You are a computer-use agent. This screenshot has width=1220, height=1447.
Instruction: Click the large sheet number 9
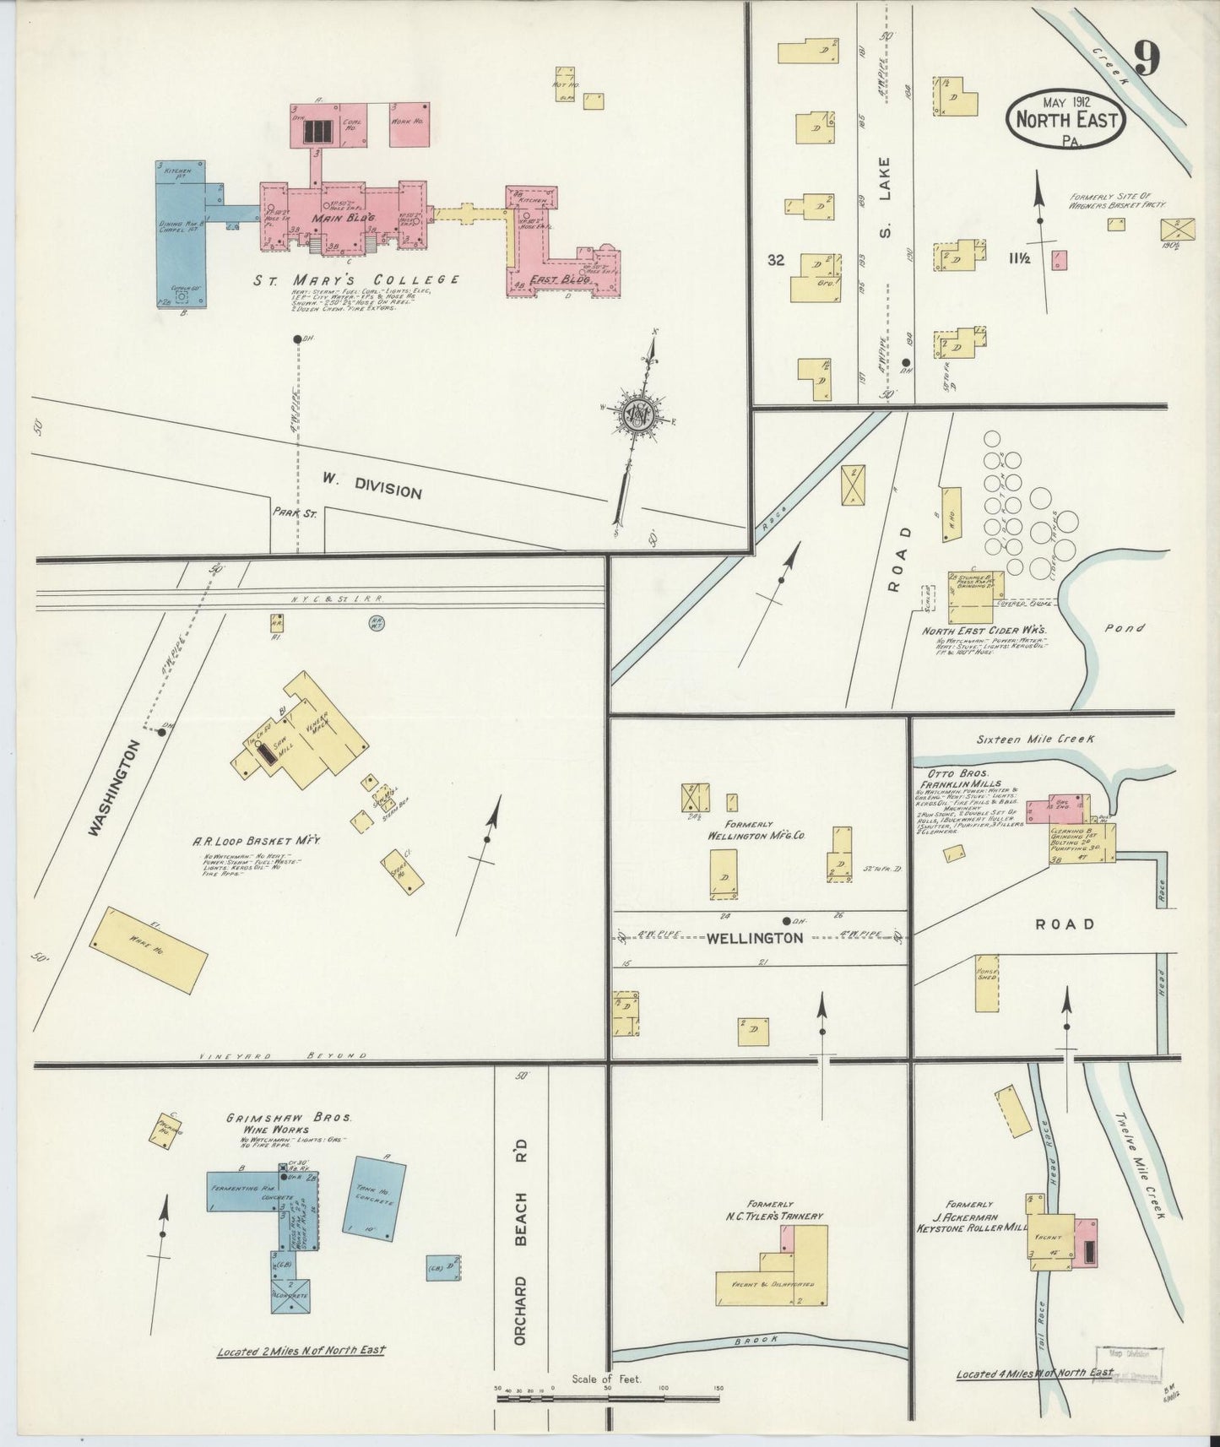click(x=1146, y=58)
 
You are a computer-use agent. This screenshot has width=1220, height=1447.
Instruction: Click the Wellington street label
click(x=755, y=937)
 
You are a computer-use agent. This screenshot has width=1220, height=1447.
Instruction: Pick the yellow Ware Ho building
click(x=149, y=946)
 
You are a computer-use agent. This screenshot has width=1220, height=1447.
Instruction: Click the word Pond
click(x=1128, y=628)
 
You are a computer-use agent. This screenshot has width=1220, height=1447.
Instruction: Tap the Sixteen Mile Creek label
click(x=1036, y=738)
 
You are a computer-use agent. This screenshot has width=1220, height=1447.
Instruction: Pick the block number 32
click(x=776, y=261)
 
